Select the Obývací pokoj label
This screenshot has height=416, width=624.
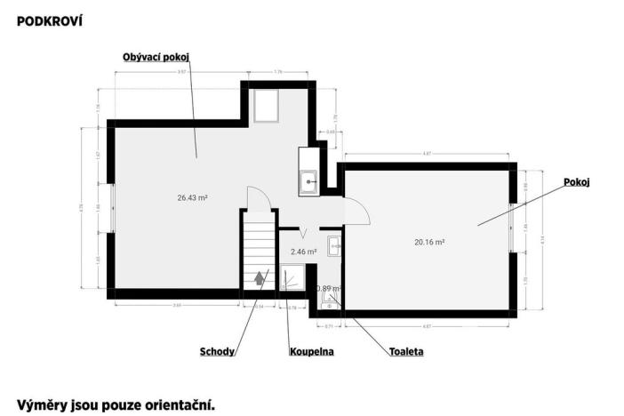157,57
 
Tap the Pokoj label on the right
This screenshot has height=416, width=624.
577,182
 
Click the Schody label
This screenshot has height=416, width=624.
217,352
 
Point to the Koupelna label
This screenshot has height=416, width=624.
311,352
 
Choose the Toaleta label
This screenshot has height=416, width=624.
406,352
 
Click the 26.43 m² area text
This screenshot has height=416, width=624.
192,198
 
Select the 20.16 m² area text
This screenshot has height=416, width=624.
429,241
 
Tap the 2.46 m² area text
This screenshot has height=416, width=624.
304,252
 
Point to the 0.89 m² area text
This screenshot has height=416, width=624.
329,289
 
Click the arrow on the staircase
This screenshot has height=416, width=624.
260,277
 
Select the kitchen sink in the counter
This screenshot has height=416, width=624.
309,180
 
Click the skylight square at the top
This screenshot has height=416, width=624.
266,108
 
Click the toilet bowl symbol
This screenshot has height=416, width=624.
329,300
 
